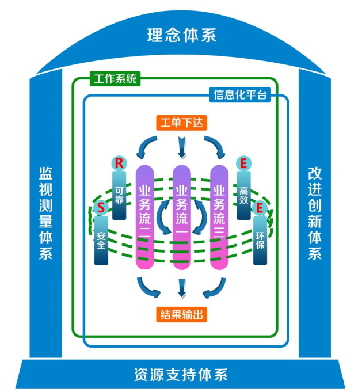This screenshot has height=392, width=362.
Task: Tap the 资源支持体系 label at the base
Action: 181,375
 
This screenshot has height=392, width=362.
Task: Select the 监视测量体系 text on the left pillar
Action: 46,213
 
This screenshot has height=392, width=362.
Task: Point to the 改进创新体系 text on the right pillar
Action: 314,213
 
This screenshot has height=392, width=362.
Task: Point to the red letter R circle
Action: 119,163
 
